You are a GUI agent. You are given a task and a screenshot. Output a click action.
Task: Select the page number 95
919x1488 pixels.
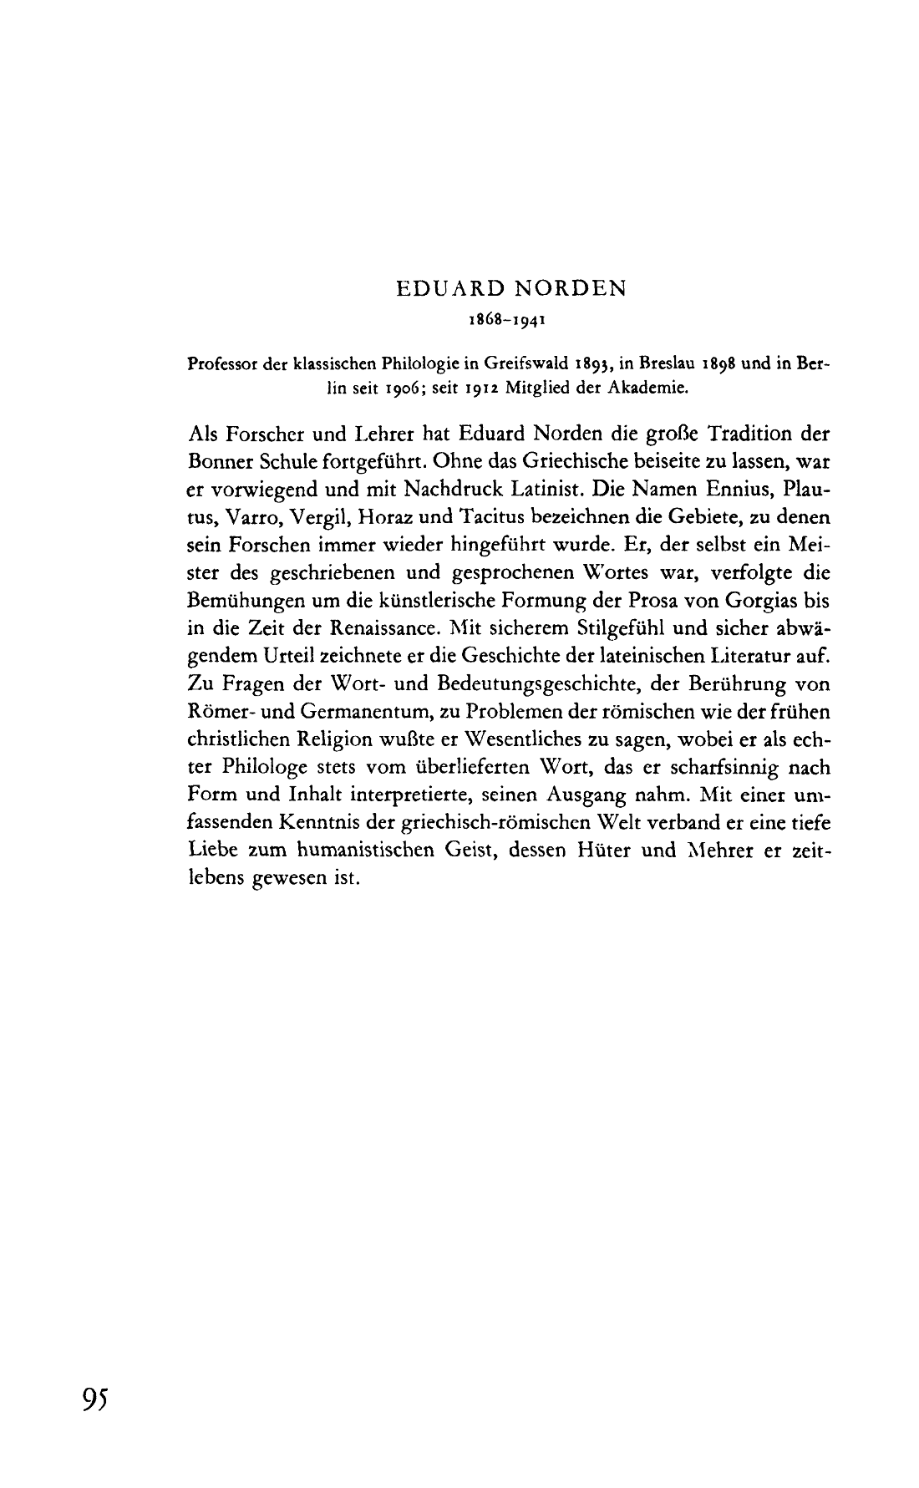[x=96, y=1398]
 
